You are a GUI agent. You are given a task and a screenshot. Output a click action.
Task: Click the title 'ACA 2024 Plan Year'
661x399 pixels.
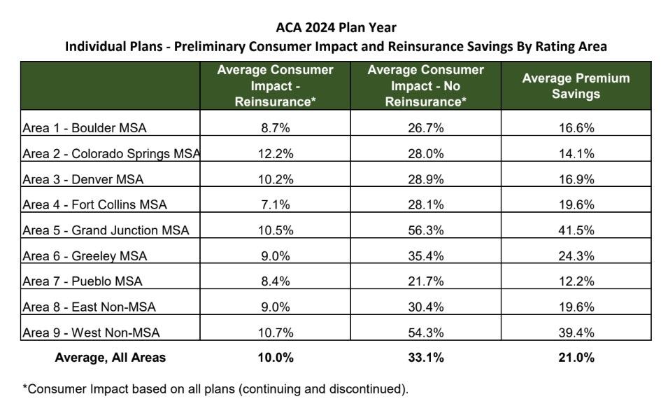(x=336, y=28)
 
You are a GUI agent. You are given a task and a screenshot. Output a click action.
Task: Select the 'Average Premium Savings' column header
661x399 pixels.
(x=576, y=85)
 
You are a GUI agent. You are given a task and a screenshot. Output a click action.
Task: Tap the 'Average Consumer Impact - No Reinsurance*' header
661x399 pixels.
(x=425, y=85)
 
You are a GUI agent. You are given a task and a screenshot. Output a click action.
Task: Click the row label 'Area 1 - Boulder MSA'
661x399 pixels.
(x=85, y=128)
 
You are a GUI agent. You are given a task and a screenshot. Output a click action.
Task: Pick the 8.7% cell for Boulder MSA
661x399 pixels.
(x=276, y=128)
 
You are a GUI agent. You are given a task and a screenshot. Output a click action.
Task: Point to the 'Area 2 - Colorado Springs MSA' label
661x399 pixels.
(x=111, y=154)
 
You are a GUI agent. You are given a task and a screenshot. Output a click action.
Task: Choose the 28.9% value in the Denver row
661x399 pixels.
(x=425, y=179)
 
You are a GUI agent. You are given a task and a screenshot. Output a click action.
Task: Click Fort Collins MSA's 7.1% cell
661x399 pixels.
(x=276, y=204)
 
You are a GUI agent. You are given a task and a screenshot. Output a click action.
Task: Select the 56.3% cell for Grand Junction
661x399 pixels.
(x=425, y=230)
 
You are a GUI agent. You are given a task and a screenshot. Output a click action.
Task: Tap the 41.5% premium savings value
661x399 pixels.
(x=576, y=230)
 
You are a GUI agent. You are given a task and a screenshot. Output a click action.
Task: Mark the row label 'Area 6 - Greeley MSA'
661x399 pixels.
(x=85, y=256)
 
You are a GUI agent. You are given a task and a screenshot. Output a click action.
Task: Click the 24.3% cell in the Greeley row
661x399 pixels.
(x=576, y=256)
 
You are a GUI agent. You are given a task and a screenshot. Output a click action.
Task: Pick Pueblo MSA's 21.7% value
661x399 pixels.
(x=425, y=281)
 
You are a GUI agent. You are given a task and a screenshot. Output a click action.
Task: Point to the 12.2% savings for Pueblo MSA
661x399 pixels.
(x=576, y=281)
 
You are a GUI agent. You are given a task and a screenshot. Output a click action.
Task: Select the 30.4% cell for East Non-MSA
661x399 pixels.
(x=425, y=307)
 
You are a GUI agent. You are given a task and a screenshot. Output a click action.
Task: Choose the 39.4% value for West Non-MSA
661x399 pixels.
(x=576, y=332)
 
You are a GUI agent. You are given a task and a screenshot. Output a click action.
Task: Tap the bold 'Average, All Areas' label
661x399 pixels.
(x=111, y=358)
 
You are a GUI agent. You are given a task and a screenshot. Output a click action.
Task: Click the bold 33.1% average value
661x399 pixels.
(x=425, y=358)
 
